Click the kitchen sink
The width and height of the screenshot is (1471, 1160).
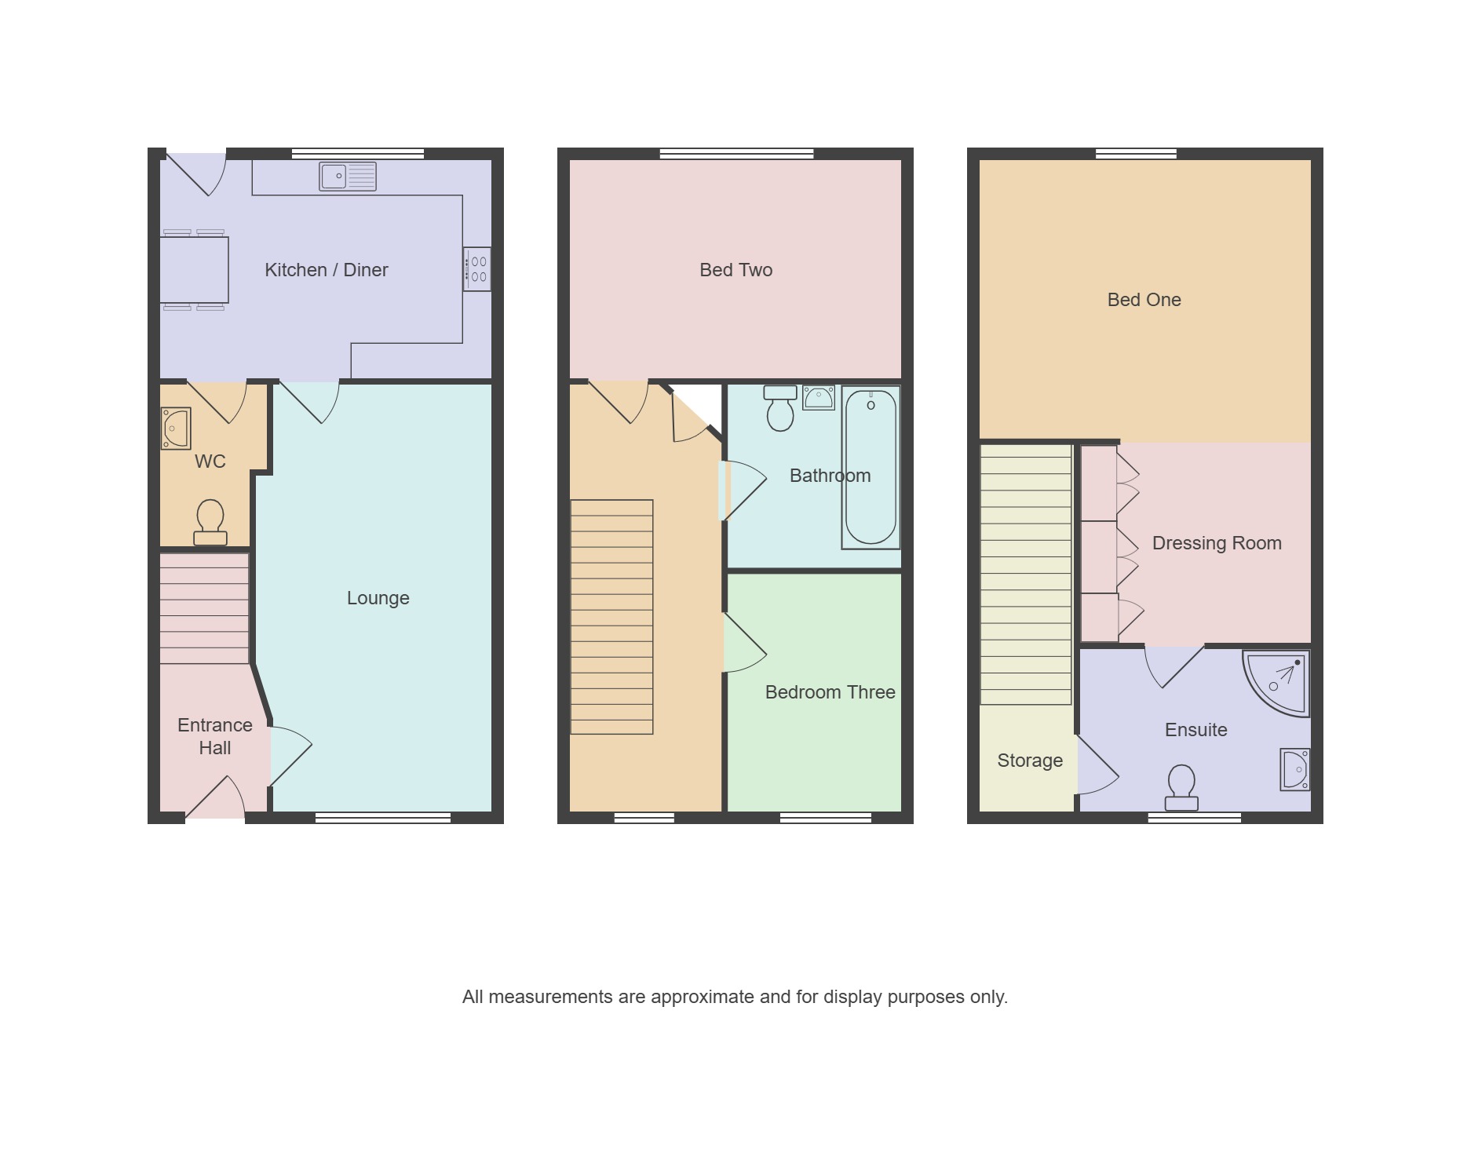[348, 177]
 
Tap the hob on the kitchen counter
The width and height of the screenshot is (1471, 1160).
[476, 269]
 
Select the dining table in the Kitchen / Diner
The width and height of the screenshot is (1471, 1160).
[194, 270]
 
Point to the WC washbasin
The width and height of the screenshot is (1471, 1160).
[176, 429]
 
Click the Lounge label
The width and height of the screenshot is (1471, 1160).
[378, 598]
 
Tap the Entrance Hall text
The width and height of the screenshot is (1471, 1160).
[215, 736]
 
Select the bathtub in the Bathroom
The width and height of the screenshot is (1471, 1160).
[871, 467]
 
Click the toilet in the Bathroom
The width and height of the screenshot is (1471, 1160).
[780, 408]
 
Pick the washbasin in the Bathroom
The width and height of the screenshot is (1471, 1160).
[819, 398]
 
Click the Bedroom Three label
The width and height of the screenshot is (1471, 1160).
[830, 692]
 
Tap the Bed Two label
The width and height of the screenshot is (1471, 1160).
[736, 270]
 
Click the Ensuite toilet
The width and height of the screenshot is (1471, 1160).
[1181, 788]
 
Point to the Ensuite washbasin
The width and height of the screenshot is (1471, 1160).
[1295, 769]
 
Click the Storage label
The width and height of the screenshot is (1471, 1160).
[1030, 761]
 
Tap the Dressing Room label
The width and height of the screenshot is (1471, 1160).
[1217, 543]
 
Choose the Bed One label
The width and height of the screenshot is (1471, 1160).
[1144, 300]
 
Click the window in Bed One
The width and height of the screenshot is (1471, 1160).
[1136, 154]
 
